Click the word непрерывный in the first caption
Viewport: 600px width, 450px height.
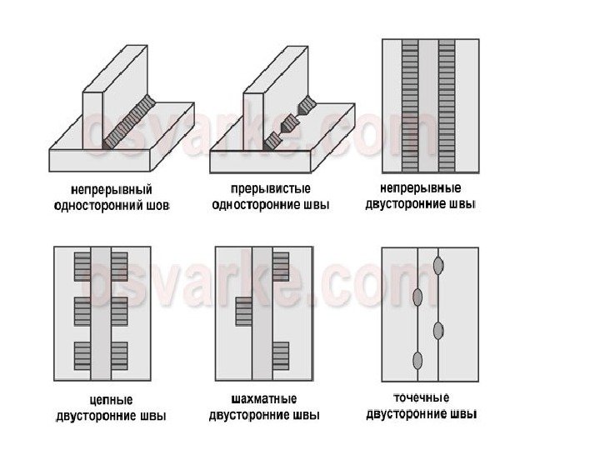pyautogui.click(x=112, y=189)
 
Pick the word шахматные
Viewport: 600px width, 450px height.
pyautogui.click(x=263, y=399)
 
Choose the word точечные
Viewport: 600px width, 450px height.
pyautogui.click(x=421, y=397)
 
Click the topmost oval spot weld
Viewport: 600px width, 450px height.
pyautogui.click(x=438, y=266)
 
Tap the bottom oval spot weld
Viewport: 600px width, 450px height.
pyautogui.click(x=418, y=361)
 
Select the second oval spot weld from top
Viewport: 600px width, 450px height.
pyautogui.click(x=419, y=296)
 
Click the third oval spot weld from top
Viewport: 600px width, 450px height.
pyautogui.click(x=438, y=331)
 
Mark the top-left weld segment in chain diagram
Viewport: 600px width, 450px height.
pyautogui.click(x=82, y=266)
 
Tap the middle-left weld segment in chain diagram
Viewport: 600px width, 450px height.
pyautogui.click(x=82, y=311)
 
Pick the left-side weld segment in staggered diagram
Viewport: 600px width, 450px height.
pyautogui.click(x=243, y=311)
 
